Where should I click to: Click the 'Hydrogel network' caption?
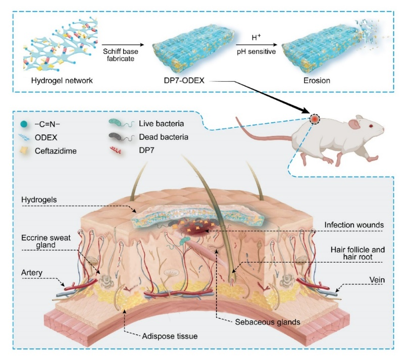pos(62,81)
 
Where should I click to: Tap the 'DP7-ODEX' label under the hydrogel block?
pos(184,81)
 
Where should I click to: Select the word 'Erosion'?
pos(317,81)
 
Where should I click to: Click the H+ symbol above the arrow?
pos(256,38)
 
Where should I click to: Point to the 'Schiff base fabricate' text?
pos(120,55)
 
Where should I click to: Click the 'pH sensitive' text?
pos(256,52)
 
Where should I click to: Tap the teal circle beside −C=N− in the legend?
pos(24,124)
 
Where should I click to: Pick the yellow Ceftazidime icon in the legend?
pos(24,150)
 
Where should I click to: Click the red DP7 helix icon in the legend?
pos(116,150)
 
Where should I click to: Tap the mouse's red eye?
pos(371,126)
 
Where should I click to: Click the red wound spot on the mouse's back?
pos(315,119)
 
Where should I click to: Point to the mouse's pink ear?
pos(354,124)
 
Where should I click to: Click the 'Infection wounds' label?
pos(354,225)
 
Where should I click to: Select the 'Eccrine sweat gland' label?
pos(46,241)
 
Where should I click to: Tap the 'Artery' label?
pos(31,273)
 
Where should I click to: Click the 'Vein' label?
pos(377,280)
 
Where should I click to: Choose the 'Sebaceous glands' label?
pos(267,322)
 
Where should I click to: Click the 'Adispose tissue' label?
pos(170,336)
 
